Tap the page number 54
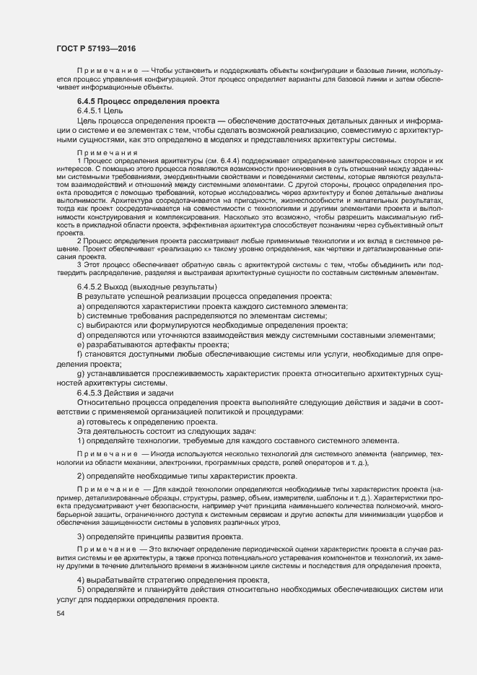coord(60,614)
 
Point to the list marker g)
coord(81,373)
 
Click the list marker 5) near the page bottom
coord(81,590)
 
